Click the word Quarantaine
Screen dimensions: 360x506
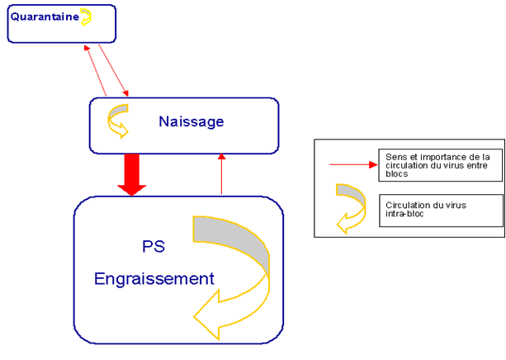click(44, 16)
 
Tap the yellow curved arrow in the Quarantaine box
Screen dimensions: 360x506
click(86, 16)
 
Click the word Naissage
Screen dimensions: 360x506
click(191, 122)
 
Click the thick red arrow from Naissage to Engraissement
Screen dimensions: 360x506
click(131, 174)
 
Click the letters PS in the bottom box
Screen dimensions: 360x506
click(154, 246)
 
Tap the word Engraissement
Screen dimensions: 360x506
click(154, 278)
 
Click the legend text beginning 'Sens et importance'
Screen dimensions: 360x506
click(437, 165)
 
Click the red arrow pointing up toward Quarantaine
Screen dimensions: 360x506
click(96, 69)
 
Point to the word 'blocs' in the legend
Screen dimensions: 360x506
click(397, 174)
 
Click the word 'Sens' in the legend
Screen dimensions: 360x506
click(395, 156)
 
